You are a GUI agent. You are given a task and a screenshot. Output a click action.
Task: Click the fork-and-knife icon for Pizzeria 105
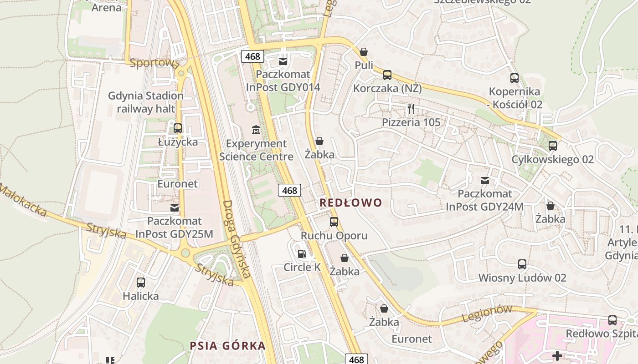coord(411,108)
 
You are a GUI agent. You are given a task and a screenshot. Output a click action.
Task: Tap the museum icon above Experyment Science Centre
coord(256,130)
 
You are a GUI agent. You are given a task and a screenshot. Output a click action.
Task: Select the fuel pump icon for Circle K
coord(301,253)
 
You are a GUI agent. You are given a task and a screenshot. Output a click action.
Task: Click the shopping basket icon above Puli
coord(364,52)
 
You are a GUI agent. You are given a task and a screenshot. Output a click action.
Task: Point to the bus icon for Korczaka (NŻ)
coord(387,75)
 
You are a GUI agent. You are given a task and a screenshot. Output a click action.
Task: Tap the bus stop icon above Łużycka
coord(178,128)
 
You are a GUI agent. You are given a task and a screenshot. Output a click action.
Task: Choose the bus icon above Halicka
coord(141,282)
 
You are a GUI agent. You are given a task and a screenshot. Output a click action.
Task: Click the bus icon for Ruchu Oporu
coord(334,222)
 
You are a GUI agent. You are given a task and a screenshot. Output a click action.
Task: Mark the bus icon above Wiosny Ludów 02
coord(522,264)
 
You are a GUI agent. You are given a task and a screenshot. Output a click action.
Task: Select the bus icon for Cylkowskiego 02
coord(553,146)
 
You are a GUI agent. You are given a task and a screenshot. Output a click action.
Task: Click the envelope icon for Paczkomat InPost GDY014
coord(283,61)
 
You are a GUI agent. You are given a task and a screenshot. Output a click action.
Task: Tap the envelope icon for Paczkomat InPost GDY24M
coord(485,181)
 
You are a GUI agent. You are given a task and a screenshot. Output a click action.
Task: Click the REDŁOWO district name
coord(350,202)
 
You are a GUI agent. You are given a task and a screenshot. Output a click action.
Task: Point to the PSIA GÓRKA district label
coord(228,345)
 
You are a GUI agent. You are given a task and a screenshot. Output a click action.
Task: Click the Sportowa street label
coord(154,63)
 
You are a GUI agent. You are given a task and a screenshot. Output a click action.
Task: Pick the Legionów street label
coord(487,313)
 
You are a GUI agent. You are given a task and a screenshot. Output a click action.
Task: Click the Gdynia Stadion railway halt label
coord(146,102)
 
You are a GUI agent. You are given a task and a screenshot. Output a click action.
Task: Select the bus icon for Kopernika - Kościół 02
coord(515,78)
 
